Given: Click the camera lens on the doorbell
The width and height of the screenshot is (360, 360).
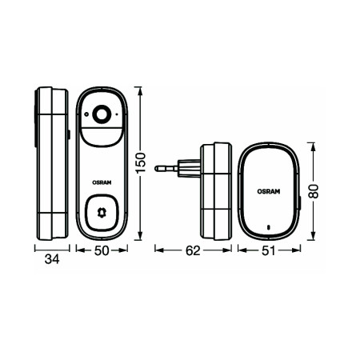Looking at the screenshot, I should tap(102, 115).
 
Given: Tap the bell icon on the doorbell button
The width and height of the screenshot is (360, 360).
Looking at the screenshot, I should tap(102, 213).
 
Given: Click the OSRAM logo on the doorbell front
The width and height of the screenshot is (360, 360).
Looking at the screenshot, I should tap(102, 180).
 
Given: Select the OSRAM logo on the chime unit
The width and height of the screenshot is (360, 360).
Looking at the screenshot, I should tap(268, 190).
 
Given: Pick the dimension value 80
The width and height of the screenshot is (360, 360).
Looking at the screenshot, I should tap(317, 191).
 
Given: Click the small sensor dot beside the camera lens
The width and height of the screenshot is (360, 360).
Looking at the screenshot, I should tap(118, 115).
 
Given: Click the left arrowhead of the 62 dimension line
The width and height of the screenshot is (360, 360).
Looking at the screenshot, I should tap(157, 250).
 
